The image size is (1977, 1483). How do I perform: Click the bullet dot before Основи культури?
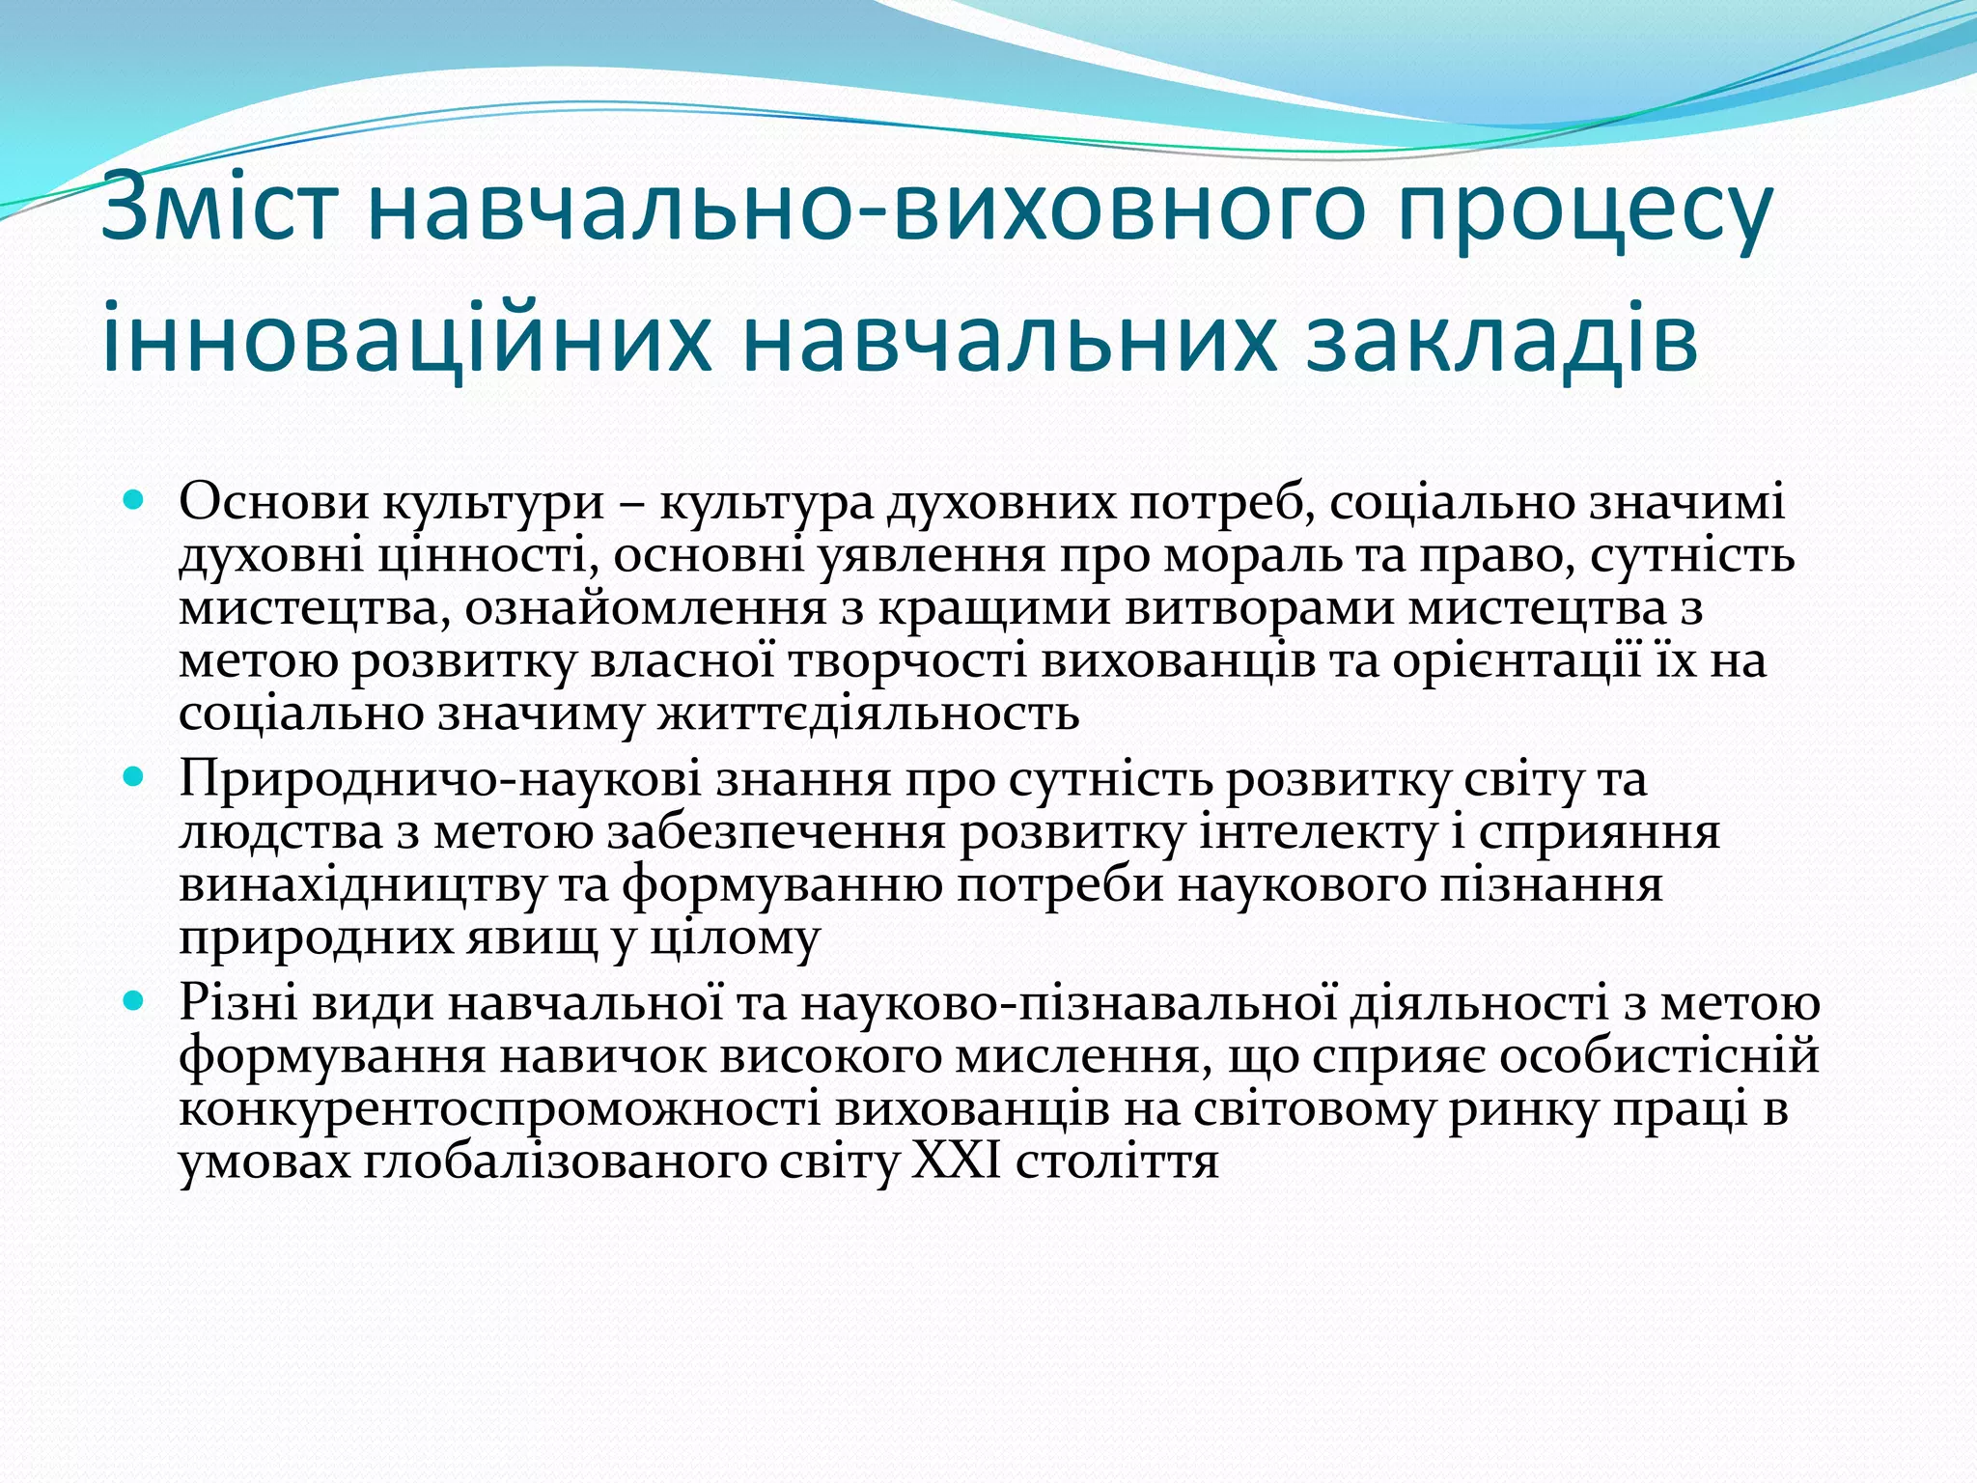(x=134, y=501)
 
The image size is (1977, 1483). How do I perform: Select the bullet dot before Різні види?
(x=134, y=1001)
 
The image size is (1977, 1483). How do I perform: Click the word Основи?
(x=274, y=501)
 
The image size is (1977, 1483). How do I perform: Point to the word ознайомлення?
(x=645, y=608)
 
